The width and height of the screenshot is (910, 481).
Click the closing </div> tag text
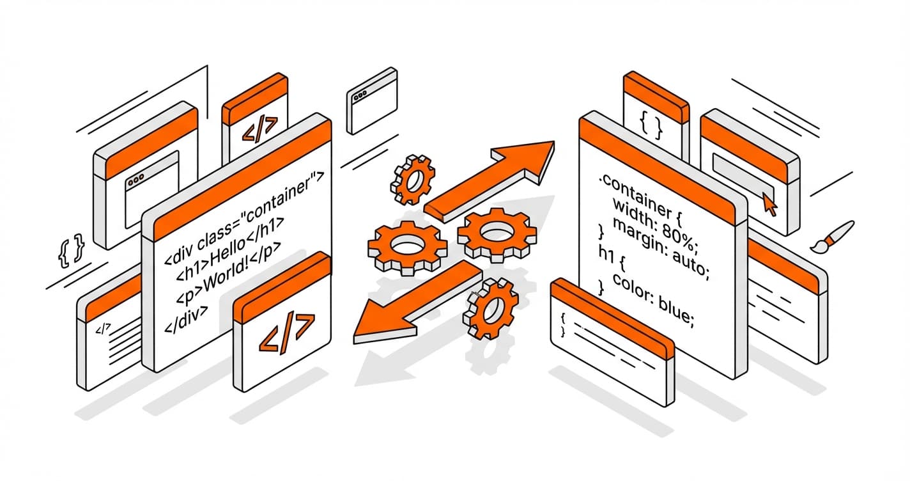(x=186, y=314)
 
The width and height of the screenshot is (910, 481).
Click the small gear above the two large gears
(x=413, y=179)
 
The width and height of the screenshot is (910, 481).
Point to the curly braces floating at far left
(x=71, y=250)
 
